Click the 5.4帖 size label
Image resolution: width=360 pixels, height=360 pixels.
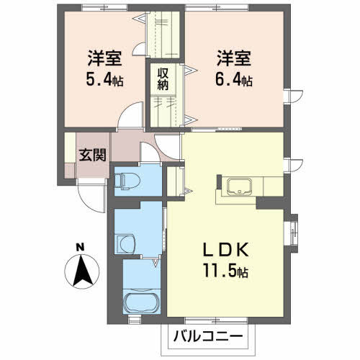(x=104, y=80)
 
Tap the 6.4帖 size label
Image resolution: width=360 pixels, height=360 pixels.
(x=234, y=80)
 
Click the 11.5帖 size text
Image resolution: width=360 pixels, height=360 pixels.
(x=225, y=273)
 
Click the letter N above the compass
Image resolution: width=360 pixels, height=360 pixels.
(x=81, y=248)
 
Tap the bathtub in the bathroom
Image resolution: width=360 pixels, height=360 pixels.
(x=140, y=302)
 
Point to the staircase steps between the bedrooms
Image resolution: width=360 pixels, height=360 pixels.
(x=165, y=36)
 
